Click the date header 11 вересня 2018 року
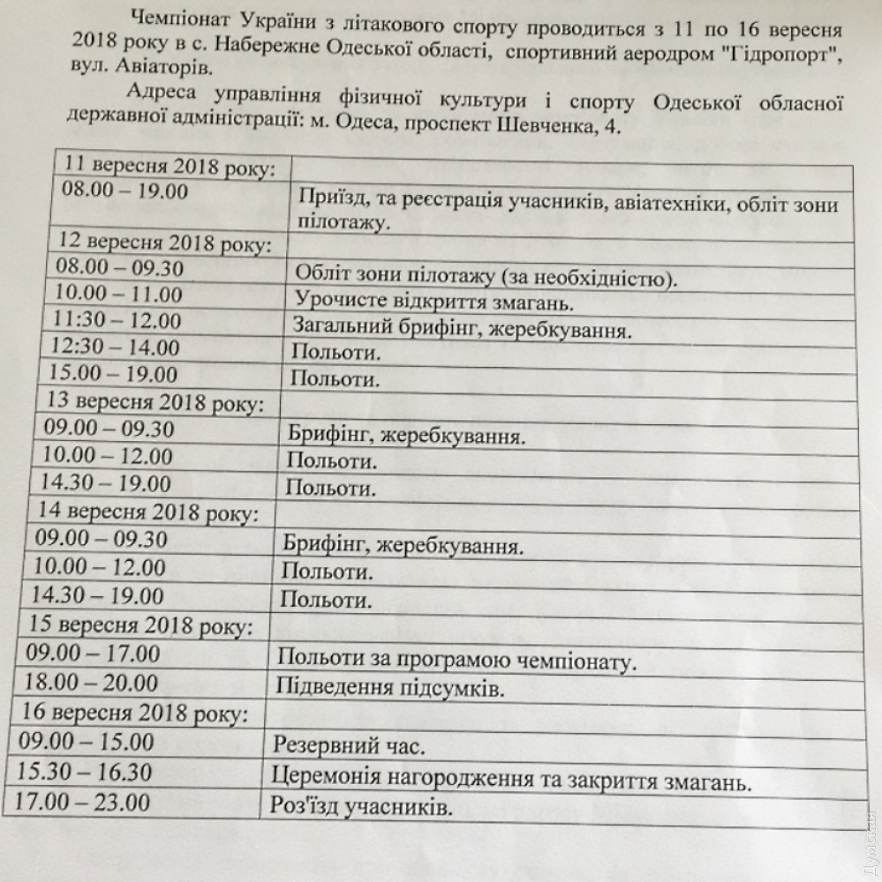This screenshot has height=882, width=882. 167,166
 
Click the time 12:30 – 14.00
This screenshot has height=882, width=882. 115,347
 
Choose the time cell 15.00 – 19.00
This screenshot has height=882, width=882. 115,374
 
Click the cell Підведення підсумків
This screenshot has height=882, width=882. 390,686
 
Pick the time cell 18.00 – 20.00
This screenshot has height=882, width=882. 94,683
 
